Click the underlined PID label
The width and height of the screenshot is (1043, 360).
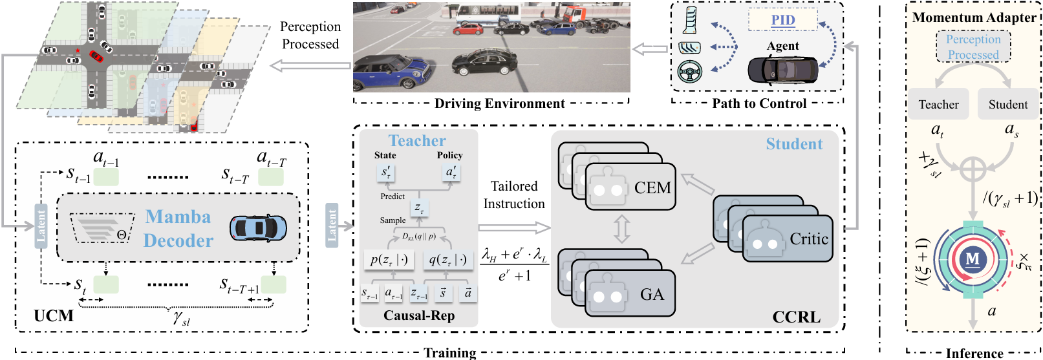(x=783, y=20)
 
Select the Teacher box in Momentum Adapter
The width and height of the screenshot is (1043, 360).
(x=938, y=105)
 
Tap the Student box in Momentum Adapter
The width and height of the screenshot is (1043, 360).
(x=1007, y=105)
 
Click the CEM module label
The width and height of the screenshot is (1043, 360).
(x=652, y=188)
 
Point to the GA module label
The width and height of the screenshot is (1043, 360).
(x=652, y=295)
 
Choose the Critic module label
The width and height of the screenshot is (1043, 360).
(x=809, y=239)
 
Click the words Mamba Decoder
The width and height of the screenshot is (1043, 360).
(x=178, y=229)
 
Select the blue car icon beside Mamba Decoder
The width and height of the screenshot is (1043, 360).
(x=258, y=228)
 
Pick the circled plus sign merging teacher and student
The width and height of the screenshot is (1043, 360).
(x=973, y=169)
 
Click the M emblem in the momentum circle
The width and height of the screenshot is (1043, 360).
(x=973, y=259)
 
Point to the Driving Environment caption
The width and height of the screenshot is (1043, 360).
(x=499, y=103)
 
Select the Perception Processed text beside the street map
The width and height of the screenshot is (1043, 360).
(x=310, y=36)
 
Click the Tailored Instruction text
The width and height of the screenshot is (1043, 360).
(x=514, y=195)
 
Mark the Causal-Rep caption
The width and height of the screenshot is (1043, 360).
(x=419, y=315)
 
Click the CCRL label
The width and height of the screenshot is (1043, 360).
(x=796, y=317)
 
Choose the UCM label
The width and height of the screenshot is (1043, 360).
(x=54, y=316)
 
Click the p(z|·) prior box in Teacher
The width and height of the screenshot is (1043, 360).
(x=389, y=260)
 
